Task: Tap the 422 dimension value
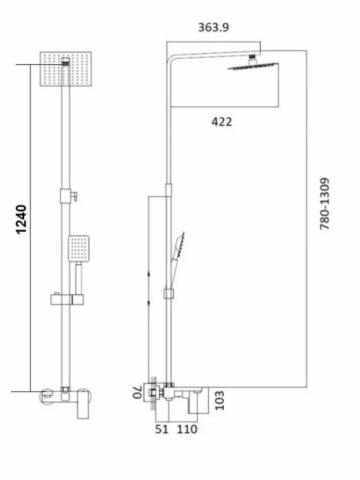[221, 122]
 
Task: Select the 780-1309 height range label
[325, 204]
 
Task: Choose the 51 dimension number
[162, 429]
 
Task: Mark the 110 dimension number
[187, 429]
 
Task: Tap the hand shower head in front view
[78, 248]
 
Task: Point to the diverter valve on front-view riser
[67, 196]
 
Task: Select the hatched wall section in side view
[152, 392]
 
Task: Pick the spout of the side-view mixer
[198, 402]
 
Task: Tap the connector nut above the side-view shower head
[252, 59]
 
